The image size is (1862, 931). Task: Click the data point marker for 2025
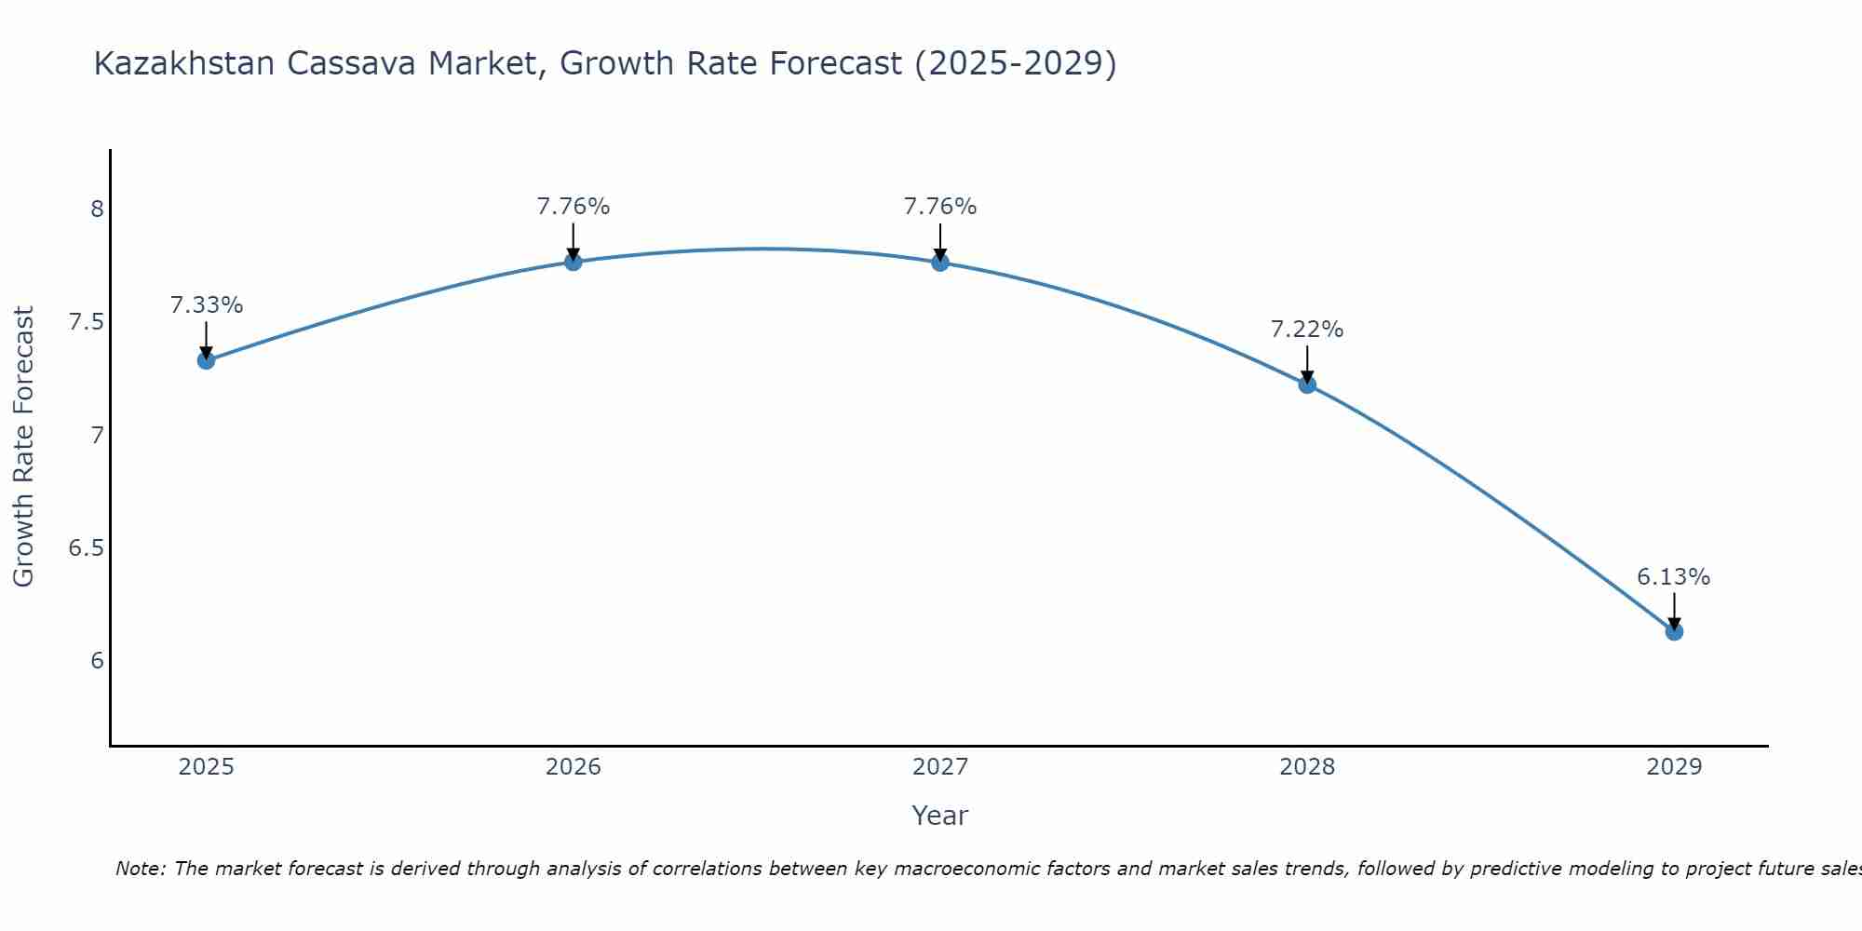(x=207, y=360)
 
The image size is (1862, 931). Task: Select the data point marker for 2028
(x=1307, y=385)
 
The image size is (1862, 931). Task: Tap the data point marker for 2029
(x=1674, y=631)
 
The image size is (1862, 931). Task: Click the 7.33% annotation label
(x=207, y=305)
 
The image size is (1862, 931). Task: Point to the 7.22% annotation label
(x=1307, y=330)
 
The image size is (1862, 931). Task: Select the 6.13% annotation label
(x=1673, y=577)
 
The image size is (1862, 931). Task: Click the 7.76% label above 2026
(x=573, y=207)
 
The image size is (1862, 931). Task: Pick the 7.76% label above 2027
(x=940, y=207)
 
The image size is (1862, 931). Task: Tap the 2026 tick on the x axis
(x=573, y=767)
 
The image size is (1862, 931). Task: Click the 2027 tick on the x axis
(x=940, y=767)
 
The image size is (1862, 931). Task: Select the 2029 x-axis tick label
(x=1674, y=767)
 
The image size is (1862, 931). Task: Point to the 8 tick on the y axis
(x=97, y=209)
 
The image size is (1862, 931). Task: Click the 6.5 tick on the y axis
(x=86, y=548)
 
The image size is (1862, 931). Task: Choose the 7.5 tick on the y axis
(x=86, y=323)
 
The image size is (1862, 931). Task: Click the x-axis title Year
(x=940, y=816)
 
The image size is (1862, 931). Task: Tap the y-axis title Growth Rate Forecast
(x=24, y=447)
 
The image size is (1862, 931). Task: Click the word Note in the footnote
(x=138, y=869)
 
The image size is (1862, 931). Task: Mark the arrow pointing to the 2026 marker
(x=573, y=242)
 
